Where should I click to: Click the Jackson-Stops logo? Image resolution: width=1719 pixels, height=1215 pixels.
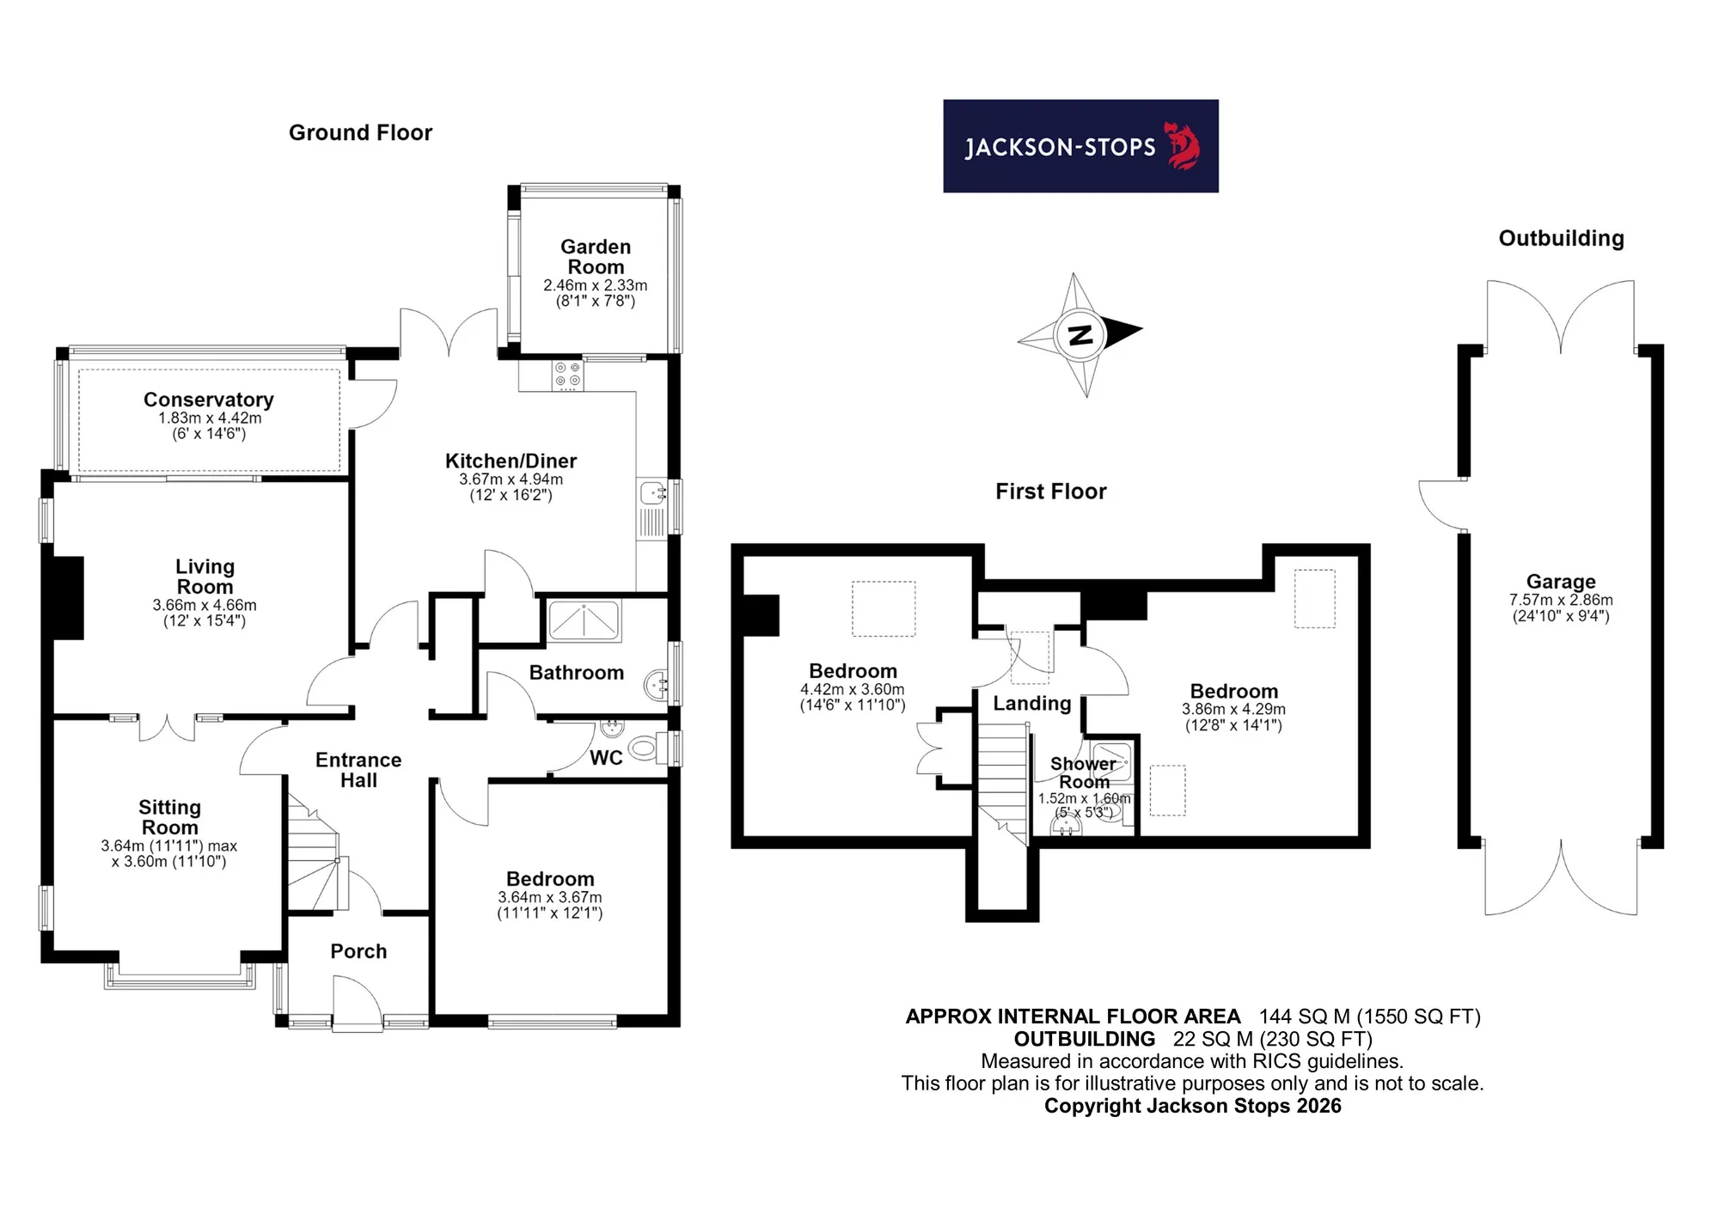(x=1080, y=146)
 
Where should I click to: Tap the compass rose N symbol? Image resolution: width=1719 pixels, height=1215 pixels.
(x=1080, y=334)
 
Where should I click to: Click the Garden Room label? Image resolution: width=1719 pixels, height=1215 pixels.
(x=596, y=257)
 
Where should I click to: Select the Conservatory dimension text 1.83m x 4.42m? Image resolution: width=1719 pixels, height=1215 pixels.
(x=210, y=418)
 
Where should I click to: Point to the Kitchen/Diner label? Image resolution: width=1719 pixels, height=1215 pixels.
(x=511, y=461)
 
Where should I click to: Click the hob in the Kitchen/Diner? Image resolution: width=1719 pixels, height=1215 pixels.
(x=567, y=375)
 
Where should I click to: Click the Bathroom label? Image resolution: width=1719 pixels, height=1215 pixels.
(x=576, y=673)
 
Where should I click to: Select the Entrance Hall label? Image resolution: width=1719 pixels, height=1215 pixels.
(x=358, y=770)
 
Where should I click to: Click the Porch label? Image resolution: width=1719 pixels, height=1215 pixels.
(x=358, y=951)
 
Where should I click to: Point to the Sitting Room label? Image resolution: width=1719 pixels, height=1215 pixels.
(x=170, y=817)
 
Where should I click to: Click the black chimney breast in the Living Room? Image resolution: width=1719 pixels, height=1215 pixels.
(x=69, y=598)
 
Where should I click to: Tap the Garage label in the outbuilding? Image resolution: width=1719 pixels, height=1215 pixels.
(x=1561, y=582)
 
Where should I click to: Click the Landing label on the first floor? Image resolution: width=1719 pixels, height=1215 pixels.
(x=1032, y=704)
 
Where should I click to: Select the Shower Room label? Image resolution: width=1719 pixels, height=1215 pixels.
(x=1083, y=772)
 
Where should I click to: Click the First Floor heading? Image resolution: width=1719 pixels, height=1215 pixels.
(x=1050, y=491)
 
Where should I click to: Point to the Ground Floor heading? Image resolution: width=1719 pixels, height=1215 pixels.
(x=360, y=132)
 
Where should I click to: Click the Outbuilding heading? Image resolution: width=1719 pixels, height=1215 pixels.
(x=1561, y=239)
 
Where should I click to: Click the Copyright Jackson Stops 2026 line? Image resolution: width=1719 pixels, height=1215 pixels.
(x=1192, y=1106)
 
